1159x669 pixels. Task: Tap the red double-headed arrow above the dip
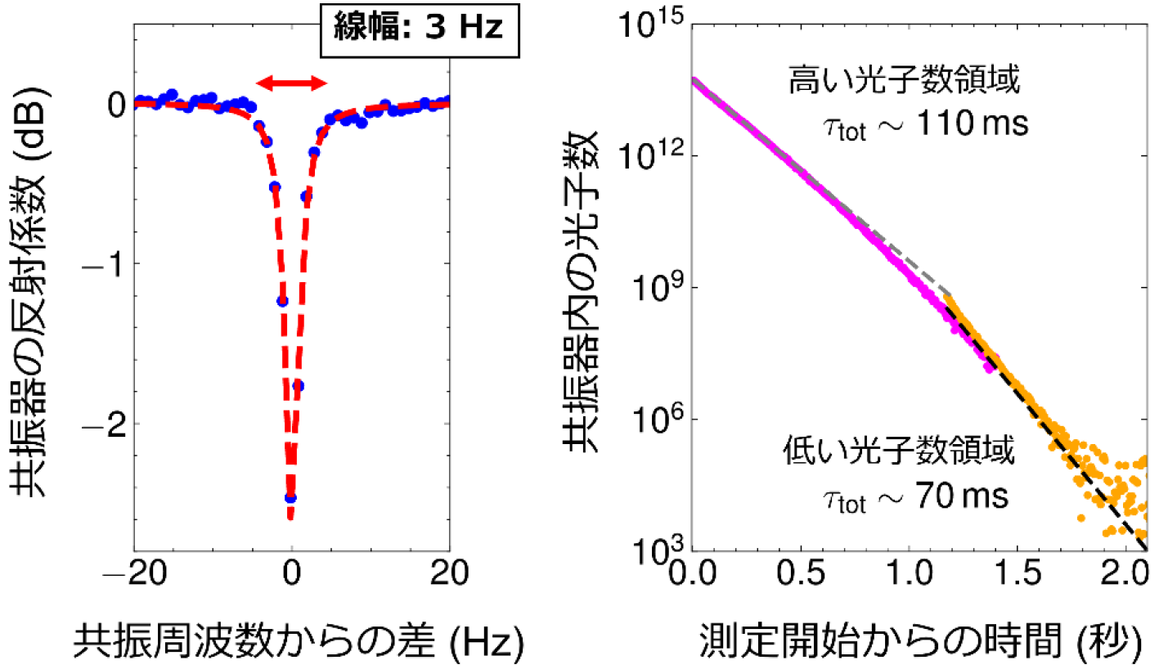[291, 82]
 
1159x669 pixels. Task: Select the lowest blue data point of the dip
[290, 497]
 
